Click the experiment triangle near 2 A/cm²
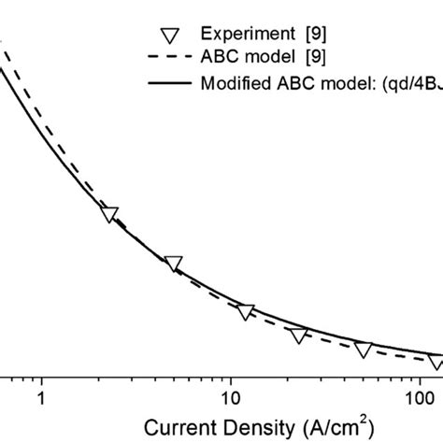pyautogui.click(x=109, y=215)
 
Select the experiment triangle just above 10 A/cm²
pyautogui.click(x=245, y=311)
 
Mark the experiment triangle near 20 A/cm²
pyautogui.click(x=298, y=336)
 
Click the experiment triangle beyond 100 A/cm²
pyautogui.click(x=436, y=361)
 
